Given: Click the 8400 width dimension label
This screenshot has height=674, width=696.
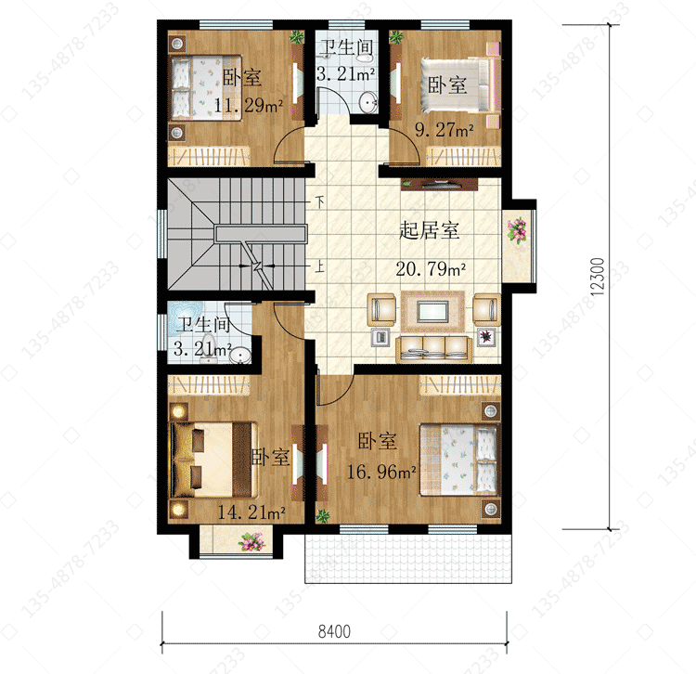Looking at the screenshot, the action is [x=334, y=631].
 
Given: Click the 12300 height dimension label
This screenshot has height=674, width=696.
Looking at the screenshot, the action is [x=599, y=277].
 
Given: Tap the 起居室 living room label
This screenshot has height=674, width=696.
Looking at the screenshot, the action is [x=430, y=230].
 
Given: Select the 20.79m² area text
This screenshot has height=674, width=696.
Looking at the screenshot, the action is [x=431, y=268].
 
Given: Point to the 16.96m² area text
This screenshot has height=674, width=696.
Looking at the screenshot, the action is [x=380, y=472].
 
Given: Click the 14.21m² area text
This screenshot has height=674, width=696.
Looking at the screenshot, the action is [x=251, y=512].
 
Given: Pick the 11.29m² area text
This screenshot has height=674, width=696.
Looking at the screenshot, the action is [x=248, y=105].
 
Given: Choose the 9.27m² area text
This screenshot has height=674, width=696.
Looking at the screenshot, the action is [x=444, y=129].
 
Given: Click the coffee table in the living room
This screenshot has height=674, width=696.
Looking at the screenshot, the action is [x=432, y=311].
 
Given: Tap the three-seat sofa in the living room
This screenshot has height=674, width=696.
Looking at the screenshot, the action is [x=433, y=349].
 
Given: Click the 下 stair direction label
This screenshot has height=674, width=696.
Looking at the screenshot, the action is [x=320, y=202].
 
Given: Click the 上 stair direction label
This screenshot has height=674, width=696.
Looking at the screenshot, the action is [x=319, y=266].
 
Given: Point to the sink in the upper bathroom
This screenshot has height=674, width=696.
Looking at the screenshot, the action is [x=367, y=103].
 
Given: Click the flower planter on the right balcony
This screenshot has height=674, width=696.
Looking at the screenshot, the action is [x=517, y=229].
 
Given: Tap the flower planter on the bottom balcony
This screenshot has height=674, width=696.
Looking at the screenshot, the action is [x=251, y=542].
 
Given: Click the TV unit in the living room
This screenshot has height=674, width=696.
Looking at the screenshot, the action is [x=440, y=184].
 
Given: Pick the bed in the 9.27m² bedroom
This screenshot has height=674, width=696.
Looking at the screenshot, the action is [x=460, y=84].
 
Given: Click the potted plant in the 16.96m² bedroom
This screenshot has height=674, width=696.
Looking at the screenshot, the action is [x=323, y=516].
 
